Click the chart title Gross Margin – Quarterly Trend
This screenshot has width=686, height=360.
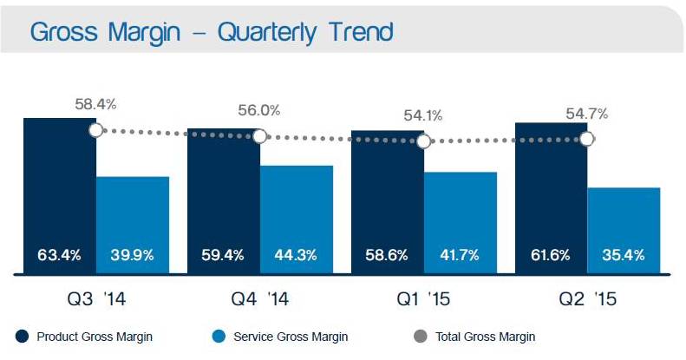[212, 32]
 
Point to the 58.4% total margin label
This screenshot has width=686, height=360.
[95, 105]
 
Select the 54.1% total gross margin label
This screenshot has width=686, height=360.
[423, 115]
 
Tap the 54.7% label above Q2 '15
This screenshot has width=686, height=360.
[587, 113]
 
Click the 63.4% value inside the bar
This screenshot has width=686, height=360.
[59, 255]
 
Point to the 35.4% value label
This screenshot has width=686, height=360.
[624, 255]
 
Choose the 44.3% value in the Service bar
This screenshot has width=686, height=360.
[296, 255]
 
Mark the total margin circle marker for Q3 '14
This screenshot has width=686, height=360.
[95, 130]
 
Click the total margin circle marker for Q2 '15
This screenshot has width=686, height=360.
[587, 138]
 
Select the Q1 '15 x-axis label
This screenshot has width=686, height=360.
[423, 300]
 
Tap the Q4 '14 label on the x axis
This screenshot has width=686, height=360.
[259, 300]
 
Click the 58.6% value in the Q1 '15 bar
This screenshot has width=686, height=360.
[387, 255]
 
